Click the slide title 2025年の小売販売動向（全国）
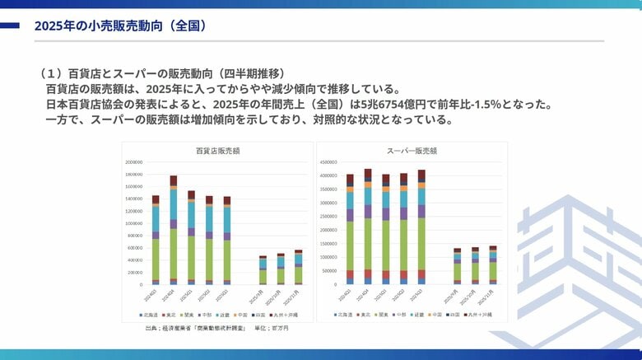coord(120,26)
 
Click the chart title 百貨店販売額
coord(218,151)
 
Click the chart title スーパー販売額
coord(412,151)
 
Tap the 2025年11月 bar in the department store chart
coord(298,268)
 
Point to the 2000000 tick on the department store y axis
coord(137,162)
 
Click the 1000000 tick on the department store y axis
coord(137,223)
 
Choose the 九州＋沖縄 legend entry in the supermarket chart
coord(479,315)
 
